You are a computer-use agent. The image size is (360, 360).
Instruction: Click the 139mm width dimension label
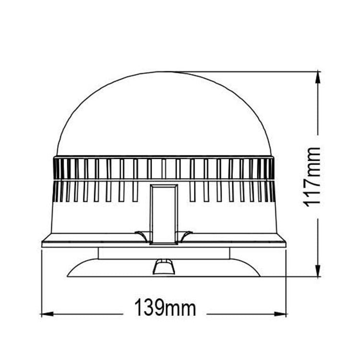165,308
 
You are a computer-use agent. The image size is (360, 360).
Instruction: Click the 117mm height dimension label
312,176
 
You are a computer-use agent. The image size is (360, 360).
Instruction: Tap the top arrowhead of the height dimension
318,75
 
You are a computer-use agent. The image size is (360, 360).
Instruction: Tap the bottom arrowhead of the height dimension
318,273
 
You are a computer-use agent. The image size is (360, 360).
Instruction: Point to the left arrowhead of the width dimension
45,314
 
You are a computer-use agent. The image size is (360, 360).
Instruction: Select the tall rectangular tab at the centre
164,214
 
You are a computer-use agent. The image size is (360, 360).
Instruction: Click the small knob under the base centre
164,266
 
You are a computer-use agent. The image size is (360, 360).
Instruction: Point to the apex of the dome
164,72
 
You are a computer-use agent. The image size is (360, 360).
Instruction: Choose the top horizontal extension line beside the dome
250,72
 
